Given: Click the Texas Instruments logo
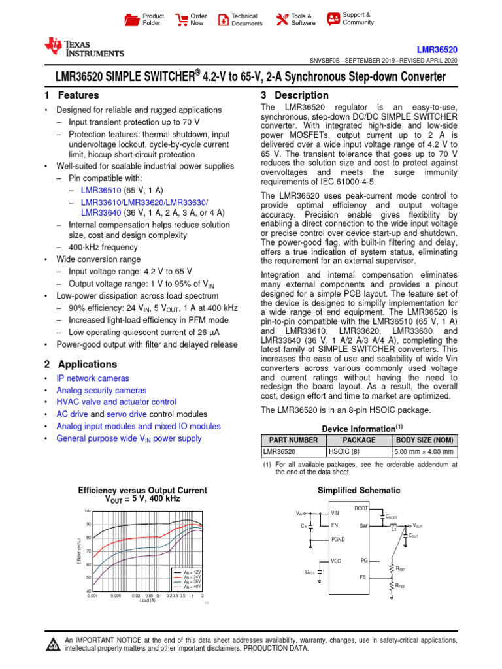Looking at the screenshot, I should tap(83, 47).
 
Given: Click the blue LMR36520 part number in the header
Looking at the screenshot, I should tap(437, 50).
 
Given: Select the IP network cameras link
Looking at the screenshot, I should tap(93, 378).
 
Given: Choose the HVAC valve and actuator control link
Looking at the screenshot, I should tap(116, 402).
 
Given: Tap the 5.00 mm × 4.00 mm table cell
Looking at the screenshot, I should tap(424, 451).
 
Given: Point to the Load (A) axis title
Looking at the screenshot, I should tap(147, 600).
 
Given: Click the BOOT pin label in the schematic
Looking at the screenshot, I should tap(361, 508).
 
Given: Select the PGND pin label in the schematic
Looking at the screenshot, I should tap(338, 539).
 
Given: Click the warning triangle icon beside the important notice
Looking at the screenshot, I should tap(52, 645).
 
